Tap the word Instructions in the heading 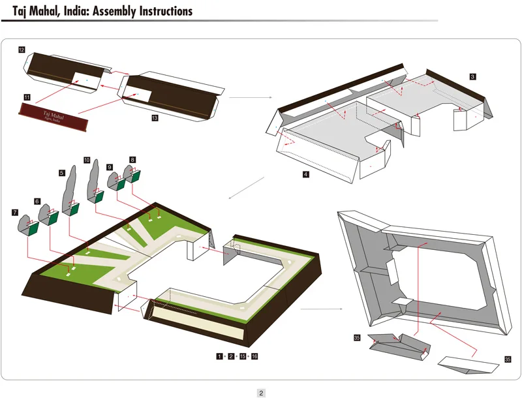coord(166,11)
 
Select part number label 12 coord(22,50)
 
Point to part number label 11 coord(27,97)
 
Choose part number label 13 coord(155,118)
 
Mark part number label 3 coord(472,76)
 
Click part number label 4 coord(305,174)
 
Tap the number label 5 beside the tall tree coord(61,173)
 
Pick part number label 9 coord(110,166)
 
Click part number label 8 coord(132,159)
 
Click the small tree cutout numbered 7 coord(25,224)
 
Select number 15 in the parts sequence coord(243,356)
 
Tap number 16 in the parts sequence coord(254,356)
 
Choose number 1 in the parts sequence coord(220,356)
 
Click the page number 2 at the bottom coord(261,393)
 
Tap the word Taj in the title coord(20,11)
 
